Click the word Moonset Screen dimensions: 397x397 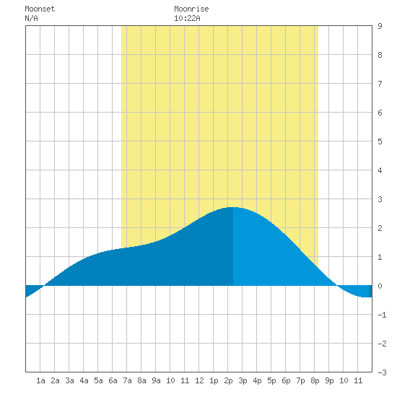click(40, 9)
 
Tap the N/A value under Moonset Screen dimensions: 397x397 click(31, 18)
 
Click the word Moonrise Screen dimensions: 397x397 click(191, 9)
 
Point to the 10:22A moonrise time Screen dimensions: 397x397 click(187, 18)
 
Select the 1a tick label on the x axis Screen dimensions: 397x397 click(40, 380)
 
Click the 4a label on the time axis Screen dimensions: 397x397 click(84, 380)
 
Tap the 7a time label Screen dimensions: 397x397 click(127, 380)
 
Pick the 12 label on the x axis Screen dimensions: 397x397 click(199, 380)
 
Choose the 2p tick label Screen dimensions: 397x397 click(228, 380)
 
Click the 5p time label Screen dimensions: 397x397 click(271, 380)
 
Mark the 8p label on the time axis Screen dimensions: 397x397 click(315, 380)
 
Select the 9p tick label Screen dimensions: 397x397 click(329, 380)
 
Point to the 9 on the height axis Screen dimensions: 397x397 click(380, 26)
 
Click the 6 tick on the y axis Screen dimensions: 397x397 click(380, 113)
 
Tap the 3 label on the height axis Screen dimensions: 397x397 click(380, 199)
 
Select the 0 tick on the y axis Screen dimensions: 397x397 click(380, 286)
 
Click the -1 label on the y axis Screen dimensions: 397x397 click(382, 315)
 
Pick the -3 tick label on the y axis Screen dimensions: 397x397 click(382, 372)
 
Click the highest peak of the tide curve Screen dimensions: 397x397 click(233, 207)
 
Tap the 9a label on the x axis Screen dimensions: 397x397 click(156, 380)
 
